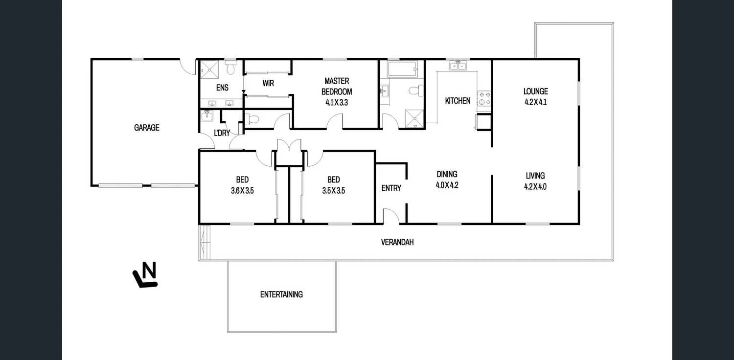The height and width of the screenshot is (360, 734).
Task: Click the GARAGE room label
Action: [147, 128]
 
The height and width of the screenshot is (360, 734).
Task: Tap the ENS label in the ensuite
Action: [222, 88]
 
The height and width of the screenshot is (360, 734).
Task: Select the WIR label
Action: [268, 83]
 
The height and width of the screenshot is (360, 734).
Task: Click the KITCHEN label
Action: [458, 101]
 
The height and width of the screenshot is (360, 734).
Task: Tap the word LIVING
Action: [535, 176]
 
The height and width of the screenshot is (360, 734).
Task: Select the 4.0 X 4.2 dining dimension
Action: [447, 185]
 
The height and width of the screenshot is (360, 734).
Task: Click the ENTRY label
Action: [391, 188]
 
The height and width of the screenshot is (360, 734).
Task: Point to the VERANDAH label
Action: [397, 242]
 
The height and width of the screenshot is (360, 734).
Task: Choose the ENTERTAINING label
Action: [281, 294]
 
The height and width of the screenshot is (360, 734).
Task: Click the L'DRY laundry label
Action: [222, 133]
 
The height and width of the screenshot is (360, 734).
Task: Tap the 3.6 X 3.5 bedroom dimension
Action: [242, 191]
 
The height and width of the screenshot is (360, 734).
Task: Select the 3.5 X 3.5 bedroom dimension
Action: [333, 191]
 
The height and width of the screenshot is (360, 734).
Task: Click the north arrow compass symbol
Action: [145, 275]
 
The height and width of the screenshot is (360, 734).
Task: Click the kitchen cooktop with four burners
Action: [484, 98]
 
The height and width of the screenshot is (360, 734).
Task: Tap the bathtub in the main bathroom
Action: [402, 69]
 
